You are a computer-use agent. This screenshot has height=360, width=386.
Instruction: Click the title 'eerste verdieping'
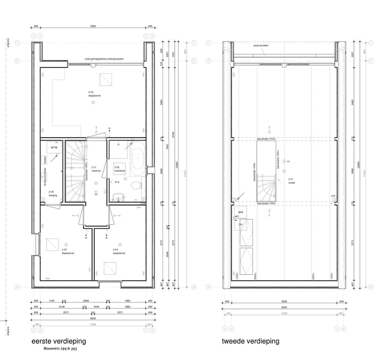click(x=59, y=341)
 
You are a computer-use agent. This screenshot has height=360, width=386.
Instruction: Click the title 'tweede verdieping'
click(x=250, y=341)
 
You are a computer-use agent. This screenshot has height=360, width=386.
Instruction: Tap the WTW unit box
click(x=54, y=147)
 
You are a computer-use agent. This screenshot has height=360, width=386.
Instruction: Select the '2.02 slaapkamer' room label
click(x=94, y=94)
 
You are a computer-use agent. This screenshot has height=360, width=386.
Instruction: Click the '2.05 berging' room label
click(x=51, y=193)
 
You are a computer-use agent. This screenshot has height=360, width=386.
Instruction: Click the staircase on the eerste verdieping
click(x=75, y=171)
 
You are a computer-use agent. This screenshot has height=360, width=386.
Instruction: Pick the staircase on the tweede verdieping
click(x=267, y=187)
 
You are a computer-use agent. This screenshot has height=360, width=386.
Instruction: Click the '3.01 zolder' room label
click(x=292, y=181)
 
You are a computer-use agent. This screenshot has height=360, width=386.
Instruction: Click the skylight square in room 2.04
click(x=112, y=268)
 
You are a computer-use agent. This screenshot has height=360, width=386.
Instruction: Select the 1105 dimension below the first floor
click(x=52, y=302)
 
